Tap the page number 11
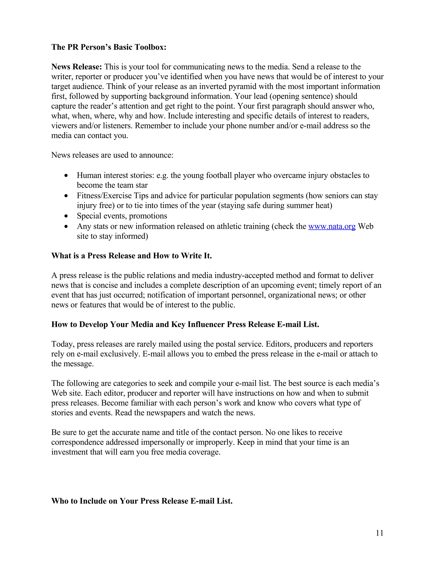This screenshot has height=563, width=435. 380,533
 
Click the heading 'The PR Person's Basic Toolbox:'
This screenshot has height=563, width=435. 109,47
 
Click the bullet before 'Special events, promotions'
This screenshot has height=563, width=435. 66,216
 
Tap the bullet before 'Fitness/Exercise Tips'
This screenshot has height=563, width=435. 66,196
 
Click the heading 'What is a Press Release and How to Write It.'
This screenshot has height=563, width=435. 131,256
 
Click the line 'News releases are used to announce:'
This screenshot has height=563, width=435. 112,155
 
